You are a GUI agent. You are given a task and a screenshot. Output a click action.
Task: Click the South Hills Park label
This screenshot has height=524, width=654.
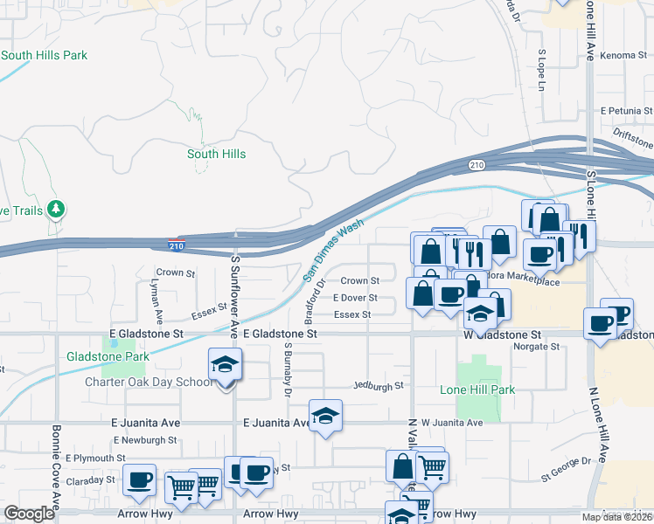coord(45,55)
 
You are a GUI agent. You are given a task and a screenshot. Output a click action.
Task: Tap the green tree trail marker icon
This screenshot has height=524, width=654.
coord(57,209)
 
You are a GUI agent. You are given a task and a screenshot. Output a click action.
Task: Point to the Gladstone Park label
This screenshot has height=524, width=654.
coord(108,356)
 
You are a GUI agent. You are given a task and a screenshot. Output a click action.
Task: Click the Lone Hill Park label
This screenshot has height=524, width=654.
coord(477,390)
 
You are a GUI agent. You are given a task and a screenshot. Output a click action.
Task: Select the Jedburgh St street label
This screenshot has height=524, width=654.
coord(378,385)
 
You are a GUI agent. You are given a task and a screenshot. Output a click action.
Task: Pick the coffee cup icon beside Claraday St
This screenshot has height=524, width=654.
coord(139,480)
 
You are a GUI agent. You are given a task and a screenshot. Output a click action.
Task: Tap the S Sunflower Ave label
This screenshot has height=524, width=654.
coord(235,297)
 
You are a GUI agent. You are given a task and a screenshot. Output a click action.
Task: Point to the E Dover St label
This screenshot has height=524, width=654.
coord(354,298)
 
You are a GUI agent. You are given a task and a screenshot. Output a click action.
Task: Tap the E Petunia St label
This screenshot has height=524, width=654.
coord(626,111)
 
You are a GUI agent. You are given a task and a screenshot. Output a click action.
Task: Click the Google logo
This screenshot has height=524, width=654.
coord(29,514)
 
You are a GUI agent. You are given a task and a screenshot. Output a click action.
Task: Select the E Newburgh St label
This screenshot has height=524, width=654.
coord(143,440)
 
